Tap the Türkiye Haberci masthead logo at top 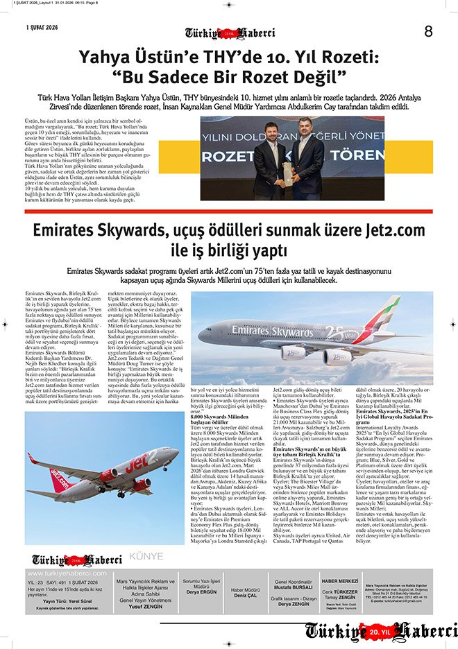point(230,33)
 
